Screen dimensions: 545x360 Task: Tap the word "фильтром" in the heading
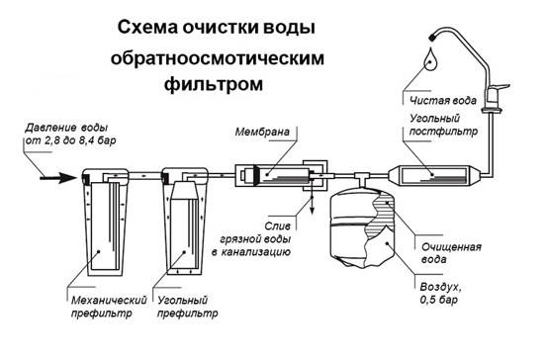(214, 83)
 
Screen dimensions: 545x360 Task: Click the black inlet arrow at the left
(58, 178)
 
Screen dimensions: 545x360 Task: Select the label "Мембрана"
(262, 133)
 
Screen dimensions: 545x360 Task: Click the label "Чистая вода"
(443, 101)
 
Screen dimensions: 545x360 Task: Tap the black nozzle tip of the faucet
(432, 37)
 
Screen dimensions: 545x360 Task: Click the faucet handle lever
(500, 87)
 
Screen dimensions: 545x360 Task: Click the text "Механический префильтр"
(109, 307)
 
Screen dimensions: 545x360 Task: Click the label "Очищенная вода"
(451, 253)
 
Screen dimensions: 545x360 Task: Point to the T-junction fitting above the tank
(362, 176)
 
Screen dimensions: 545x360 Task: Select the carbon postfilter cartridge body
(433, 175)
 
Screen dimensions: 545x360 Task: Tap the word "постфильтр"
(443, 132)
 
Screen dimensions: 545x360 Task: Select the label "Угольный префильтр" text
(188, 307)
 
